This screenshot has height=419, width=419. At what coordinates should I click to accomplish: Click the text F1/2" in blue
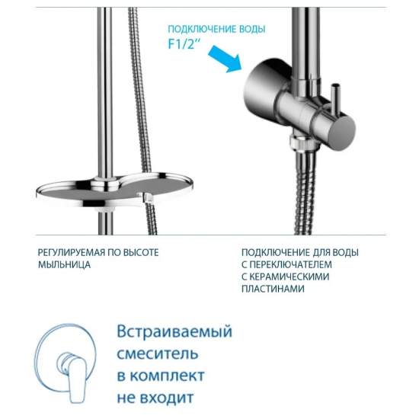(184, 43)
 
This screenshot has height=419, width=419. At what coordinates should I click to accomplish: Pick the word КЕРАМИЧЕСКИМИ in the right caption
(289, 277)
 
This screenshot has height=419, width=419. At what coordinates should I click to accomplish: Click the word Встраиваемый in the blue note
(174, 333)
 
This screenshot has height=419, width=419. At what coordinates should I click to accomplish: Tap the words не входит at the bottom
(155, 398)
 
